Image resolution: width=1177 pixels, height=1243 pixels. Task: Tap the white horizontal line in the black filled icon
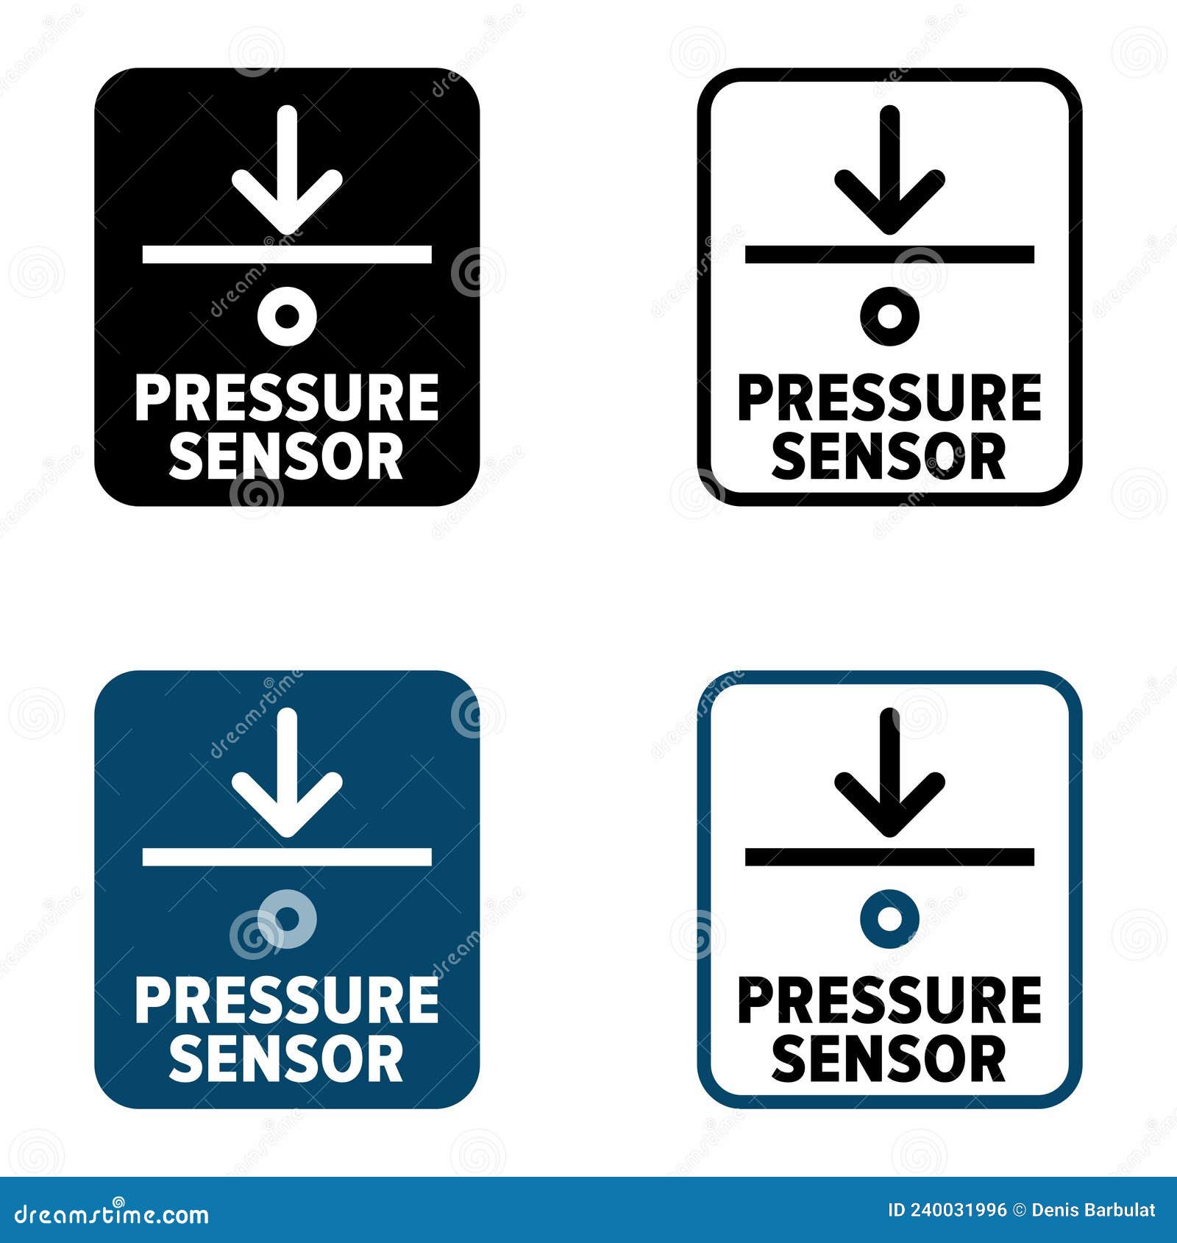pyautogui.click(x=287, y=254)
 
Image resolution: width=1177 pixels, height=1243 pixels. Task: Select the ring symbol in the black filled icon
pyautogui.click(x=287, y=316)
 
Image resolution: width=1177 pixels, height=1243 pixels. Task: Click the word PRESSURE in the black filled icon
pyautogui.click(x=287, y=398)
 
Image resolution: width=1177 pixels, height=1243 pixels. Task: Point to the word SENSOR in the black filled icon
pyautogui.click(x=287, y=456)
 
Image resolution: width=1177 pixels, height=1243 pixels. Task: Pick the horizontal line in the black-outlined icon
pyautogui.click(x=889, y=254)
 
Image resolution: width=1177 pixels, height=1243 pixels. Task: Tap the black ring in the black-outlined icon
pyautogui.click(x=889, y=316)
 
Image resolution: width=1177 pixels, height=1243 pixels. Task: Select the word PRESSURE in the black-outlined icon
pyautogui.click(x=889, y=398)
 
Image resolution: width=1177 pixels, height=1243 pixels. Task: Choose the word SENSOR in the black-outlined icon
pyautogui.click(x=889, y=456)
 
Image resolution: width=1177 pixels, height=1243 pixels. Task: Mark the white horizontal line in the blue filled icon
pyautogui.click(x=287, y=857)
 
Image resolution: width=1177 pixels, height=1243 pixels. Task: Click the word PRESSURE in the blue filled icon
pyautogui.click(x=287, y=1000)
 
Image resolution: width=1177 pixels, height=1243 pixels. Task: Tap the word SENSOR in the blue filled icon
pyautogui.click(x=287, y=1058)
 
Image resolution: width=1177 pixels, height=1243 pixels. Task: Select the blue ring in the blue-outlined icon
pyautogui.click(x=889, y=919)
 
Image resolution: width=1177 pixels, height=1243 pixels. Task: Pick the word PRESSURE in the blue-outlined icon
pyautogui.click(x=889, y=1000)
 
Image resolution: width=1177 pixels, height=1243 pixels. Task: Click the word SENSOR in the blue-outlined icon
pyautogui.click(x=889, y=1058)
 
